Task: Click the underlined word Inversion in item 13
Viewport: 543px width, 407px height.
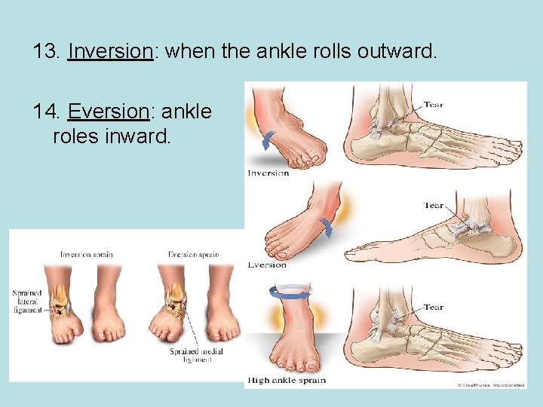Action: pyautogui.click(x=109, y=52)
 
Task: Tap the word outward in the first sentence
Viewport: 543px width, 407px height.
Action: pyautogui.click(x=395, y=52)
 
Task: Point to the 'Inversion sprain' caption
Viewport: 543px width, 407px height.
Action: pyautogui.click(x=87, y=255)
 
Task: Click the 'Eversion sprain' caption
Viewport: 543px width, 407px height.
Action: pyautogui.click(x=194, y=255)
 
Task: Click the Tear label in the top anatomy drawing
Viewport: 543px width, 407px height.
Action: pyautogui.click(x=433, y=105)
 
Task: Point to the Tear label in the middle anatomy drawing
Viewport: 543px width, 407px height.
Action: pyautogui.click(x=433, y=205)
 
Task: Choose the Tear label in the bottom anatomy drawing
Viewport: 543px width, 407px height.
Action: pyautogui.click(x=433, y=307)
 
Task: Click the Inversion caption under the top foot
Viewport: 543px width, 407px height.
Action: pyautogui.click(x=268, y=173)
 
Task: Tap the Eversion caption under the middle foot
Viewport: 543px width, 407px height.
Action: pyautogui.click(x=267, y=265)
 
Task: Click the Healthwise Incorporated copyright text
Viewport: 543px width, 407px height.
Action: pyautogui.click(x=490, y=385)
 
